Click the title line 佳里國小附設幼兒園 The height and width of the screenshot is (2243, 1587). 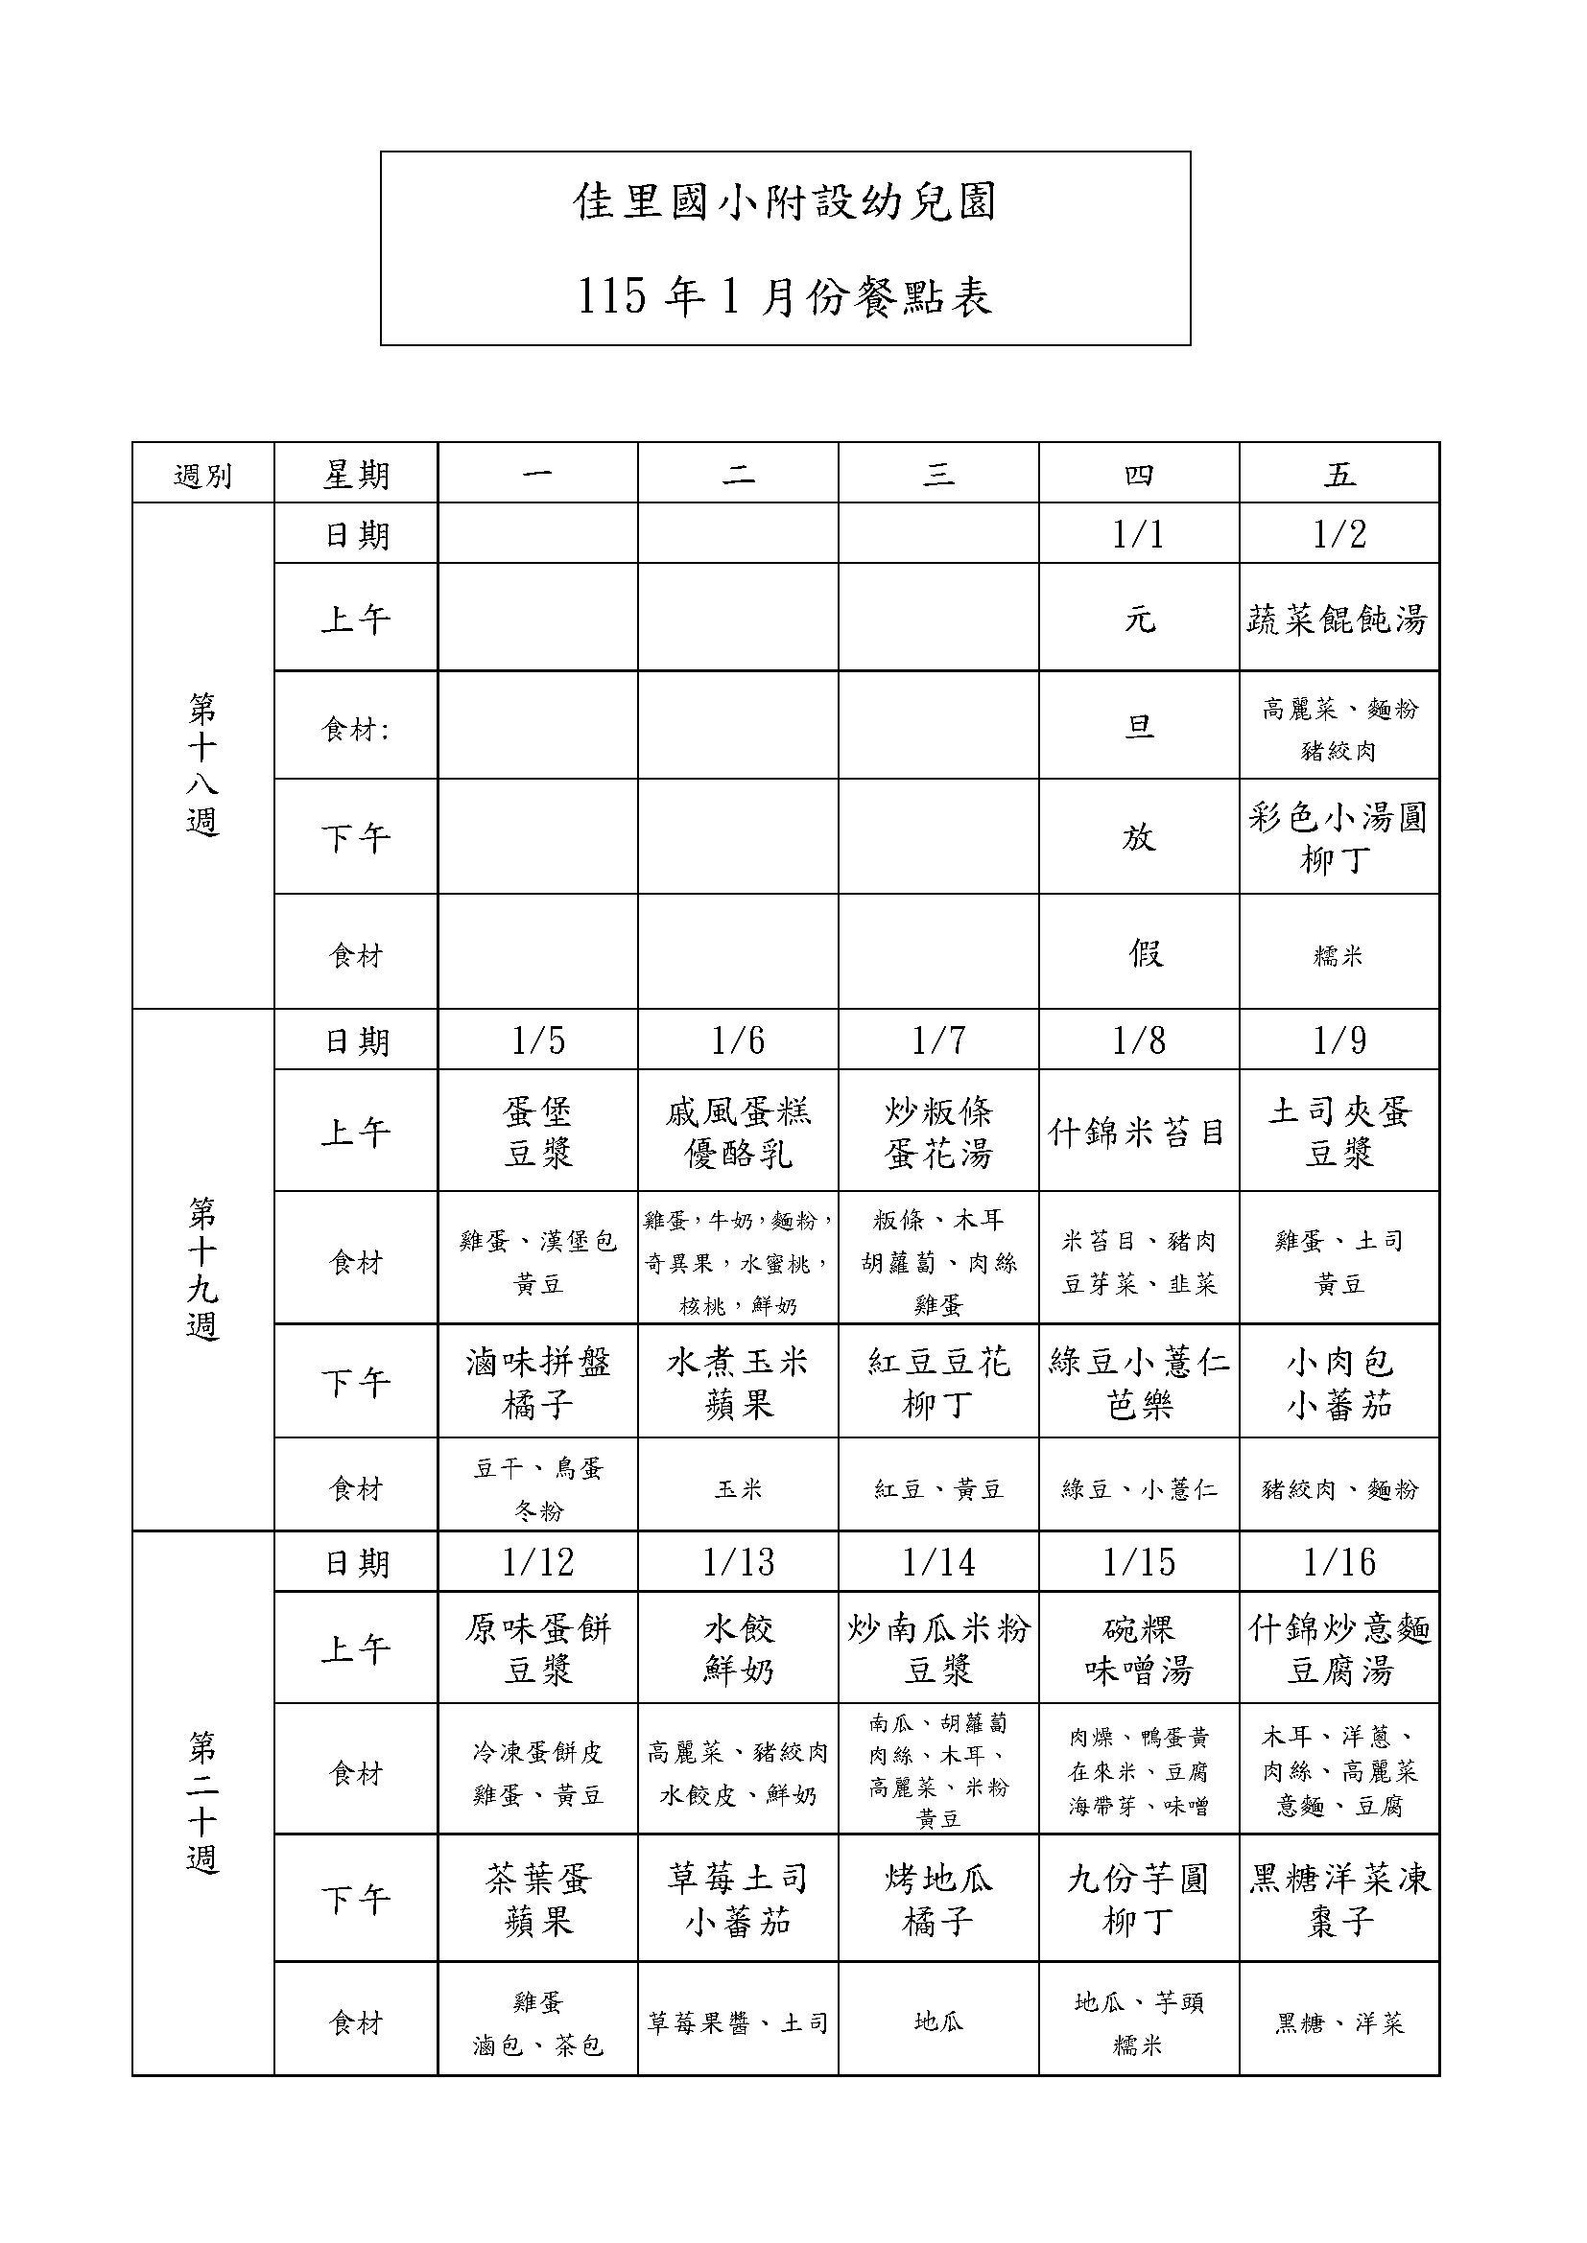[x=785, y=202]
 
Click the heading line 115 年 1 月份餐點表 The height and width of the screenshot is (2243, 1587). [x=785, y=296]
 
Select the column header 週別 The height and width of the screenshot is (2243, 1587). [x=202, y=476]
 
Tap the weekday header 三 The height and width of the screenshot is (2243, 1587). [x=938, y=475]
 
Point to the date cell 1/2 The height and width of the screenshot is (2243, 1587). [x=1338, y=534]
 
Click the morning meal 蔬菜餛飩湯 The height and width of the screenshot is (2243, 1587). [x=1338, y=619]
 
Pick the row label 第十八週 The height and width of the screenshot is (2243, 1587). [x=202, y=764]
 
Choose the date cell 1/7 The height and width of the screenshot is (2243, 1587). [x=938, y=1040]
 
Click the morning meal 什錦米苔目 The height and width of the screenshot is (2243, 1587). [x=1138, y=1133]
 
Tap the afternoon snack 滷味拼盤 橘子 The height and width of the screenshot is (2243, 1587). [x=537, y=1384]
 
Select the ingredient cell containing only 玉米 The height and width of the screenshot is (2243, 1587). [x=738, y=1489]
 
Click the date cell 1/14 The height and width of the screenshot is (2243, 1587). [x=938, y=1562]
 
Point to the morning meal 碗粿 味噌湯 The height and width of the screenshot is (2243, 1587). [x=1139, y=1650]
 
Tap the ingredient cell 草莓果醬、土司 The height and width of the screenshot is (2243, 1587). [x=738, y=2022]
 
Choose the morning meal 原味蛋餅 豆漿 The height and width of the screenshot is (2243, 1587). [x=537, y=1650]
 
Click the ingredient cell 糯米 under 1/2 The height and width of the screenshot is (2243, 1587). [x=1338, y=955]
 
